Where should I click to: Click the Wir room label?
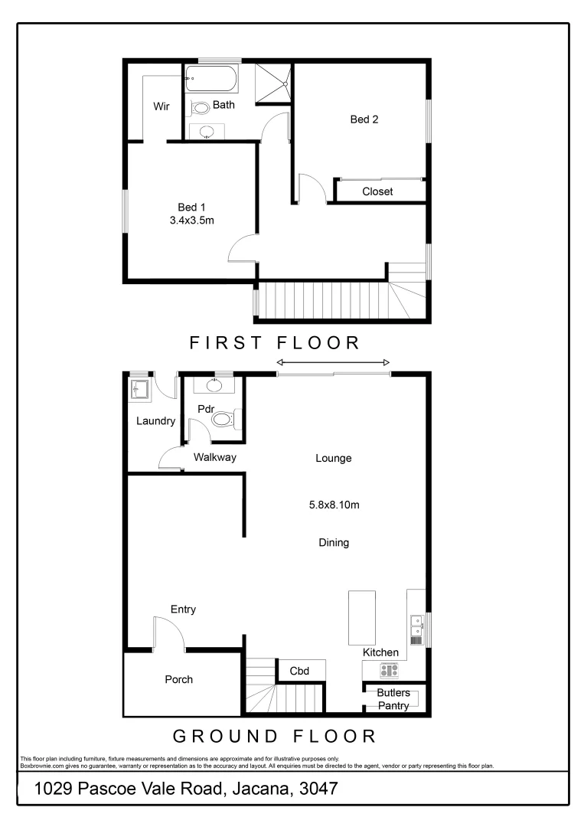point(161,106)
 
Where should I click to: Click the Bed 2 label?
point(364,119)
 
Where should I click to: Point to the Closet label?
point(377,191)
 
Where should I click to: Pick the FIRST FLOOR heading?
point(275,342)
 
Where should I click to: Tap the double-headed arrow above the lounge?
point(333,362)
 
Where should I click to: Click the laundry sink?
point(139,390)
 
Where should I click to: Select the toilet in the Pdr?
point(223,419)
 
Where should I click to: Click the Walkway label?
point(215,458)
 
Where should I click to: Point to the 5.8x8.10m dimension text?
point(334,505)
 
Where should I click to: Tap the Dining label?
point(334,543)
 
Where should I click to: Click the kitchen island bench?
point(362,618)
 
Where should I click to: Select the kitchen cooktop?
point(390,670)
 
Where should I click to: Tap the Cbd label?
point(299,672)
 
